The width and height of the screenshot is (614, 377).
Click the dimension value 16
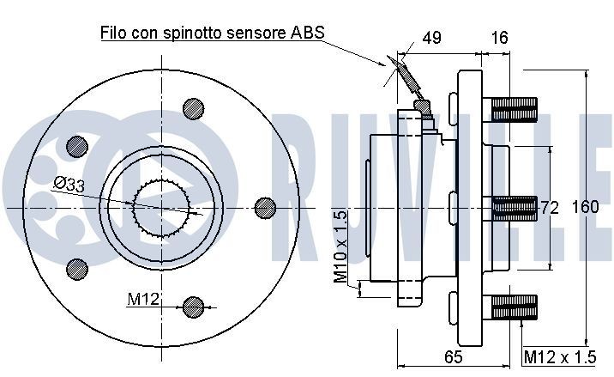tap(500, 38)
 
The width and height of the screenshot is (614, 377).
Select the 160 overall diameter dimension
tap(585, 207)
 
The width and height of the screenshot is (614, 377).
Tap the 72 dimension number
tap(550, 207)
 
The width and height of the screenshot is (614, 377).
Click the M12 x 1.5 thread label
tap(560, 356)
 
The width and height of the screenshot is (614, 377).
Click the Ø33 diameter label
tap(69, 183)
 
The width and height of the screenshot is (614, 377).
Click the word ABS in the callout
tap(306, 33)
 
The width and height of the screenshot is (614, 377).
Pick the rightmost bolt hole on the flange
tap(266, 207)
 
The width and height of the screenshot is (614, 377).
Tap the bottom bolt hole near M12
tap(195, 305)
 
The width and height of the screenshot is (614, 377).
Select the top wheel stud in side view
tap(515, 109)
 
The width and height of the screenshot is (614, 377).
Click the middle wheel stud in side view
tap(515, 206)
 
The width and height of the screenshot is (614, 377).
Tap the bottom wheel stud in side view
tap(515, 304)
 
